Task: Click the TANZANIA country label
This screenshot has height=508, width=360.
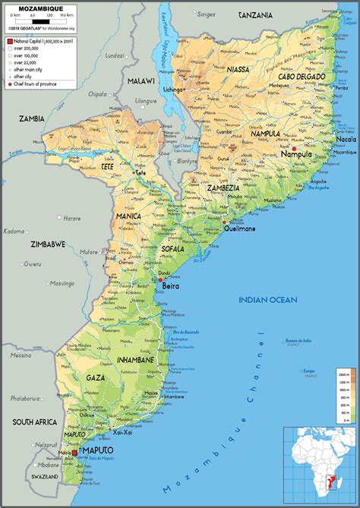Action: tap(255, 15)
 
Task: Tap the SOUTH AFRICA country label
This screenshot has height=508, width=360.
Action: tap(30, 421)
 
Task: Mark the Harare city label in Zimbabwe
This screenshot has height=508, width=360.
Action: tap(71, 218)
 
